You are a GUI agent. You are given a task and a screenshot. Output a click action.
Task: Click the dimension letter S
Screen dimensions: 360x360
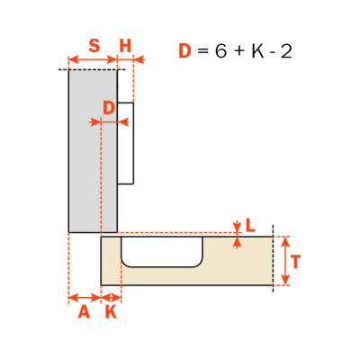(x=94, y=46)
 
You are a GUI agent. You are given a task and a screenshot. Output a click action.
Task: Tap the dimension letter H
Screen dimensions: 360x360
(x=125, y=46)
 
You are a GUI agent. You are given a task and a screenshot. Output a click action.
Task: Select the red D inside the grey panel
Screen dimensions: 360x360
(x=109, y=108)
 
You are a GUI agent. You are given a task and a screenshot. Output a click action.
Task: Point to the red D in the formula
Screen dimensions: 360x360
(x=184, y=51)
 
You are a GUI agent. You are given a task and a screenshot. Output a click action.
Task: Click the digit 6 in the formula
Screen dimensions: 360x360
(x=220, y=51)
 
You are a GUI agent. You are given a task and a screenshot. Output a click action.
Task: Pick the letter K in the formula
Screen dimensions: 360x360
(x=257, y=51)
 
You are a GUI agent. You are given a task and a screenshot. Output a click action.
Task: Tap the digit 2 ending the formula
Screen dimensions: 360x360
(x=286, y=51)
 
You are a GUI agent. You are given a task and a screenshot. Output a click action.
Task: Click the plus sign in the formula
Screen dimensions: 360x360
(x=239, y=51)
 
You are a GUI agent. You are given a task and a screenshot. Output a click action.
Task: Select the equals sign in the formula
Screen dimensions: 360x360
(x=203, y=51)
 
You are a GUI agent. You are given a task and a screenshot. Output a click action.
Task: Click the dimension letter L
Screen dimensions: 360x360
(x=250, y=225)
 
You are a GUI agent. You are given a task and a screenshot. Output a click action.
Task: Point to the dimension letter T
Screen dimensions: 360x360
(x=296, y=262)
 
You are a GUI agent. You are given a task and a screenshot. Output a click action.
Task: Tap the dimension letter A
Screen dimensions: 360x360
(x=84, y=312)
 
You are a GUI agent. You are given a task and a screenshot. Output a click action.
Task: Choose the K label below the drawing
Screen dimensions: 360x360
(x=111, y=312)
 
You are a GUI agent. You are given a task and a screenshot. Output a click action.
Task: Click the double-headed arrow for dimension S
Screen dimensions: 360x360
(x=93, y=59)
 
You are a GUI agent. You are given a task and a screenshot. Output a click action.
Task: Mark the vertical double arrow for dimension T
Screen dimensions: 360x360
(x=285, y=261)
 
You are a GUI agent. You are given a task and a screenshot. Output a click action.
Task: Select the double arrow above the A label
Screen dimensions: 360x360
(x=85, y=298)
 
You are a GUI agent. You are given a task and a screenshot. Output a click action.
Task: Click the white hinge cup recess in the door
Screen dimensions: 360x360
(x=162, y=251)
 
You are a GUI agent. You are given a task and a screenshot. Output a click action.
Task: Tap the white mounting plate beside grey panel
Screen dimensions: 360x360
(x=125, y=143)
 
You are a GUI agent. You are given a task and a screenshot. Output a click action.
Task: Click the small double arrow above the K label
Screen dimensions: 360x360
(x=112, y=298)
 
